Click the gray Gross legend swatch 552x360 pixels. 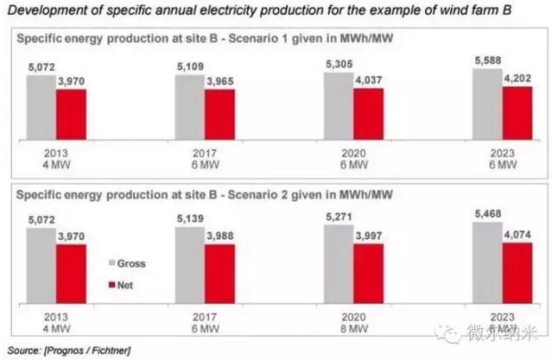111,262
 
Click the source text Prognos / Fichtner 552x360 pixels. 82,350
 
